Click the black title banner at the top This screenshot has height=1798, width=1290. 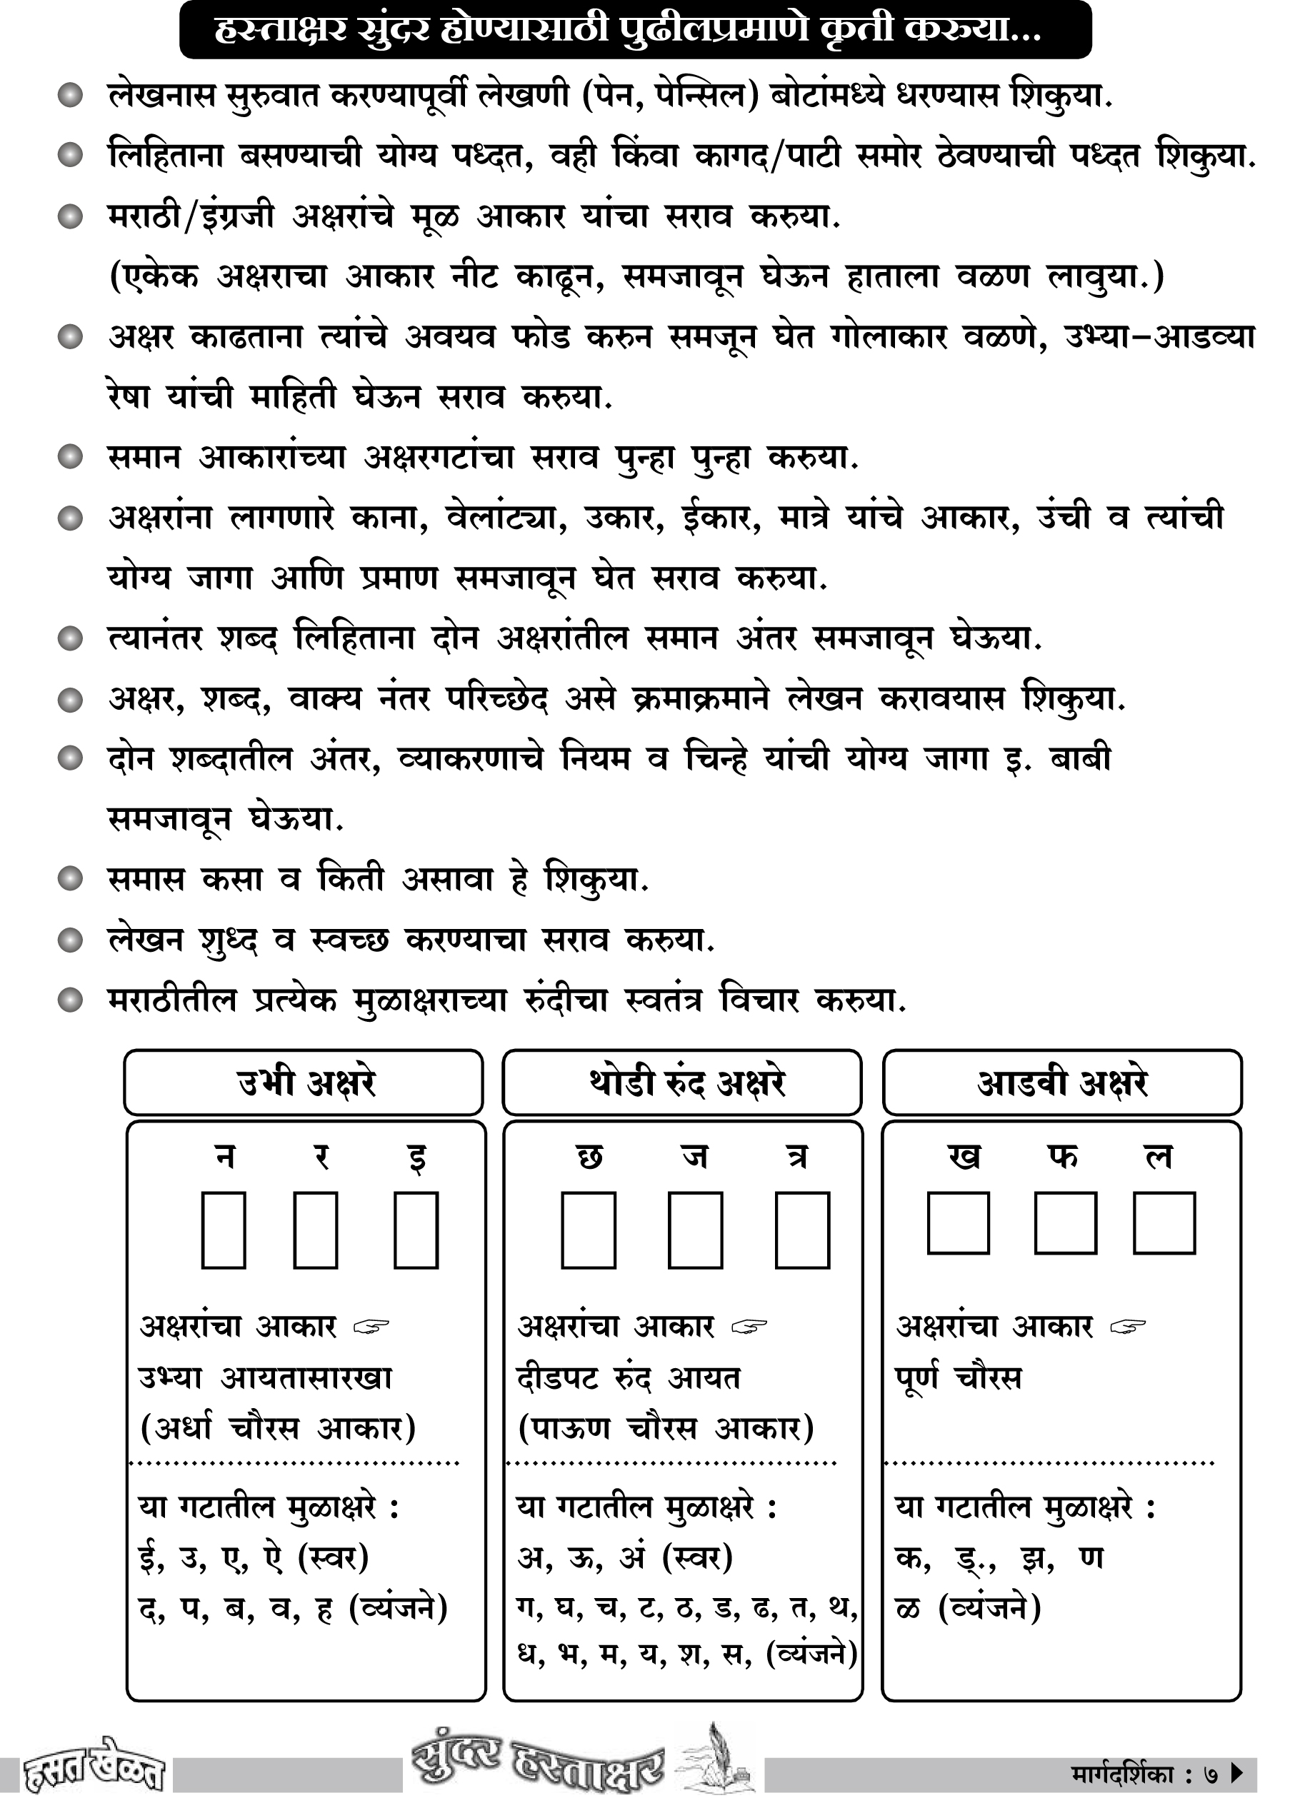[634, 30]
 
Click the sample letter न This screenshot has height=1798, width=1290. [225, 1157]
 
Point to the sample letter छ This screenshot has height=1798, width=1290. [589, 1157]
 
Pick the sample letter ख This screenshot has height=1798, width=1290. [964, 1157]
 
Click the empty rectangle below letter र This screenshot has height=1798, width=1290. [316, 1230]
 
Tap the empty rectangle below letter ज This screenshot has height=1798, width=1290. [695, 1230]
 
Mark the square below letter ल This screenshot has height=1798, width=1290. [1164, 1223]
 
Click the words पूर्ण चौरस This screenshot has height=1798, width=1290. [959, 1379]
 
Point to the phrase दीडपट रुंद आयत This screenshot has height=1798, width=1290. [628, 1379]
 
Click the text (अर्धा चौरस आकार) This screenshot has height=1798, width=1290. [278, 1428]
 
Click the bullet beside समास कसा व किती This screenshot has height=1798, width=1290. [71, 879]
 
